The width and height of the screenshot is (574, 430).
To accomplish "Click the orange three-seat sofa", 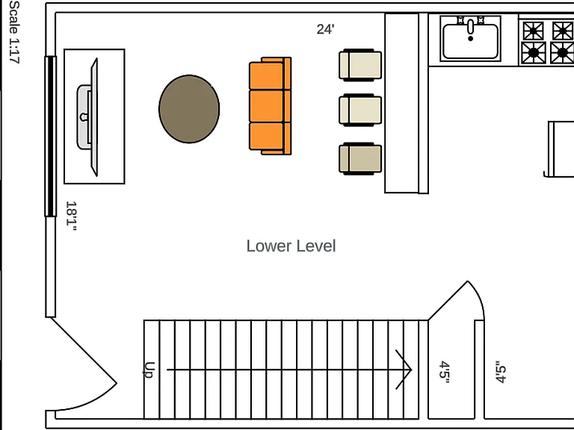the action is [x=270, y=106].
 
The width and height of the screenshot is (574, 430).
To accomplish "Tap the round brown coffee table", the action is [x=189, y=109].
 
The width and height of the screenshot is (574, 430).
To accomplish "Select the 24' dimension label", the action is [x=325, y=29].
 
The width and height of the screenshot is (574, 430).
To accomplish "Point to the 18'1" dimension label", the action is [x=71, y=216].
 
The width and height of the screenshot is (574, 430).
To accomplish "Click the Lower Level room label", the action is [x=291, y=246].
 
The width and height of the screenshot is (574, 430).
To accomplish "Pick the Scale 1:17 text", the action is [x=14, y=32].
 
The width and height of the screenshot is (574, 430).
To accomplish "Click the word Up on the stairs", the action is [x=149, y=370].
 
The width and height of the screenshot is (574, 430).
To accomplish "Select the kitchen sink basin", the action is [x=470, y=41].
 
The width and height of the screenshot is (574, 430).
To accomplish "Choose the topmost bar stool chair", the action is [x=360, y=65].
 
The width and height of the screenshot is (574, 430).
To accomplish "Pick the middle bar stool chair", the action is [x=360, y=110].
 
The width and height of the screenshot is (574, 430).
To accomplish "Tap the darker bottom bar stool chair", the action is [x=360, y=159].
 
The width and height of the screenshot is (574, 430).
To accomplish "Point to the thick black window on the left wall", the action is [x=51, y=137].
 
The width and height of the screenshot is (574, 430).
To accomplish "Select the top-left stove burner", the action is [x=534, y=31].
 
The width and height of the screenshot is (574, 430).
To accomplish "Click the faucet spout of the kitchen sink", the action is [x=470, y=27].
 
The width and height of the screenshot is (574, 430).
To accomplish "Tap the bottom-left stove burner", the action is [x=534, y=53].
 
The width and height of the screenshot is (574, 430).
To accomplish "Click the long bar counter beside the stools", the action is [x=401, y=103].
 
